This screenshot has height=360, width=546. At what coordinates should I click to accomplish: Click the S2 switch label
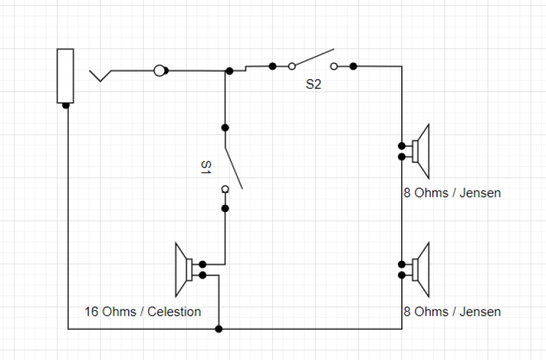(x=313, y=85)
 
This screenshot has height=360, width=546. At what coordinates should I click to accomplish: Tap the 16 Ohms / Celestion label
(x=143, y=312)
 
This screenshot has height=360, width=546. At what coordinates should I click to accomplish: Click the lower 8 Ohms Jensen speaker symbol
(x=420, y=269)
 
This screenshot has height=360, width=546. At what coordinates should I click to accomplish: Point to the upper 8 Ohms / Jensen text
(x=452, y=193)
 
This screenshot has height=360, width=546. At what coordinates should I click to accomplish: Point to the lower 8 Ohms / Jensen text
(x=452, y=312)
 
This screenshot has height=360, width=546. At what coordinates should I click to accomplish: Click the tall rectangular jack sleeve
(x=66, y=75)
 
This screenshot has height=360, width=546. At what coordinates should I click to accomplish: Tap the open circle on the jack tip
(x=160, y=70)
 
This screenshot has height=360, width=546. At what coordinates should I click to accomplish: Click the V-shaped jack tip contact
(x=102, y=75)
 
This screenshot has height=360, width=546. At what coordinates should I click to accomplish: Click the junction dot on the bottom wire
(x=218, y=329)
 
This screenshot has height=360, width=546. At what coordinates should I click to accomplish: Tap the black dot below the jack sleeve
(x=66, y=105)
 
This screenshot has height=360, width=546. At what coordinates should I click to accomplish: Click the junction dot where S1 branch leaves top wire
(x=229, y=70)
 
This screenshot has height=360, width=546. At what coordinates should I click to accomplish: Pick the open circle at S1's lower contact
(x=225, y=189)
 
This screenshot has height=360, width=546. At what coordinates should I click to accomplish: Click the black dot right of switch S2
(x=353, y=66)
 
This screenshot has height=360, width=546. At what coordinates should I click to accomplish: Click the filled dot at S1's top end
(x=225, y=128)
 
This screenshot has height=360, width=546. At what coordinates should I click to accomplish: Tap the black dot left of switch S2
(x=272, y=66)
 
